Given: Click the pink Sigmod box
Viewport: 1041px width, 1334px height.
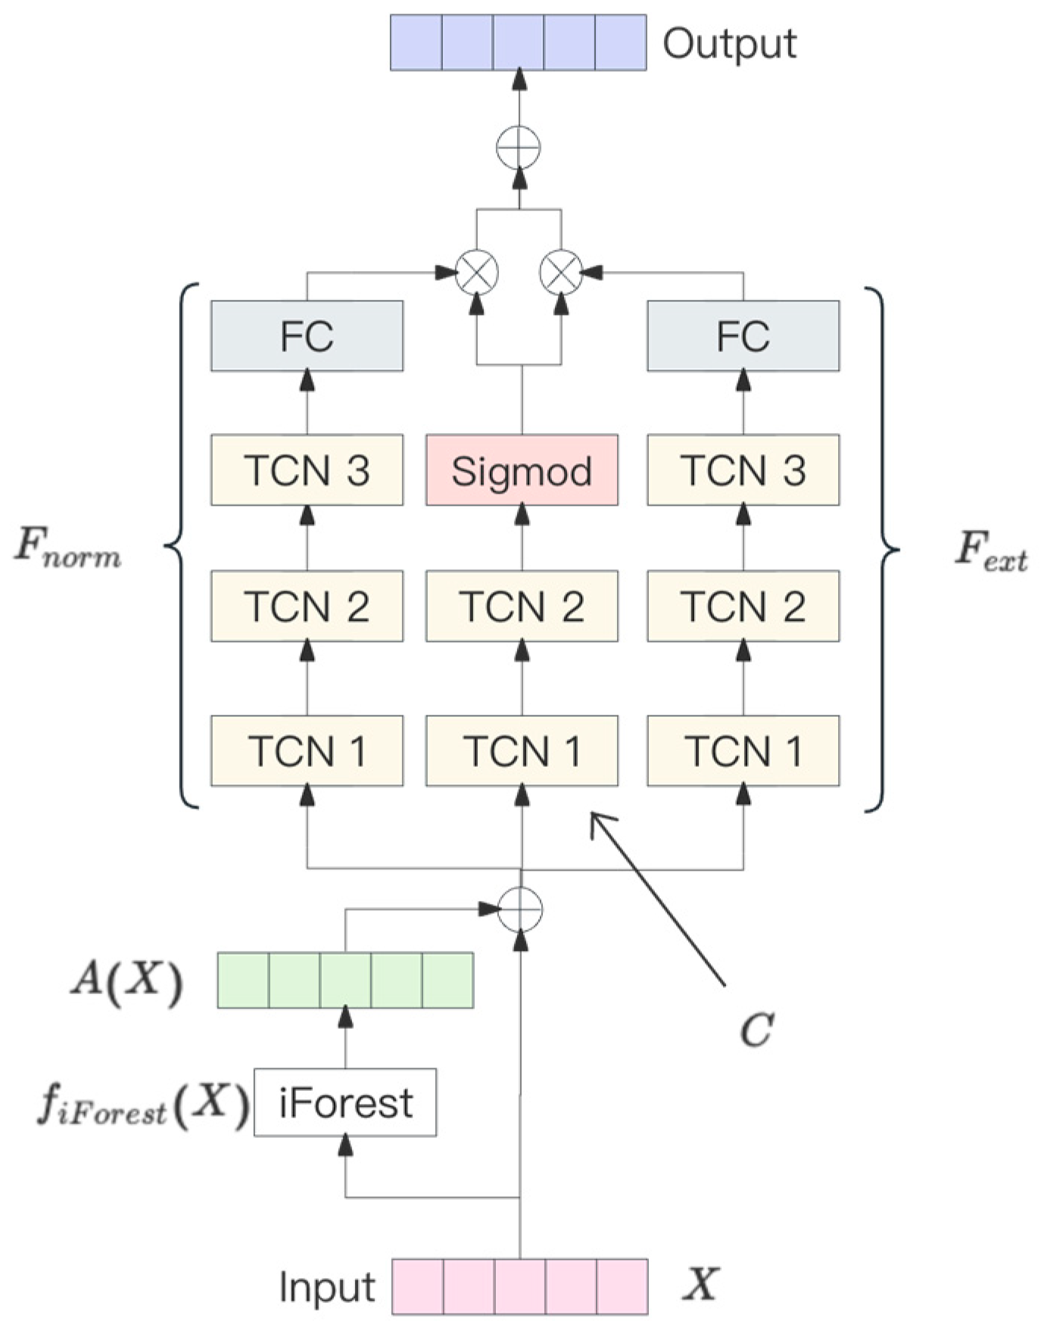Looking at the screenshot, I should click(522, 470).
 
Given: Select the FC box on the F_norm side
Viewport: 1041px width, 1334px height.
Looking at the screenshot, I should click(307, 336).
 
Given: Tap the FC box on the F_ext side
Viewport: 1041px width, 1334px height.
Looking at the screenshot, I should click(743, 336).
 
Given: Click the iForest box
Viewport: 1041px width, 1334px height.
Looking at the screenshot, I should click(345, 1102).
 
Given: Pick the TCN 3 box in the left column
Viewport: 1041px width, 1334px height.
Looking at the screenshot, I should click(307, 470).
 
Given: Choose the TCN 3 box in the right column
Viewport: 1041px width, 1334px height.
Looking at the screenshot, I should click(743, 470).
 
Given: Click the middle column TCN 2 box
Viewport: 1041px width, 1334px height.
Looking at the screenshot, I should click(522, 606).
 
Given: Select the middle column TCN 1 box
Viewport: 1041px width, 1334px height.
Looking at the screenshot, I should click(522, 751).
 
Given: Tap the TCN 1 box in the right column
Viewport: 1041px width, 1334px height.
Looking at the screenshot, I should click(743, 751).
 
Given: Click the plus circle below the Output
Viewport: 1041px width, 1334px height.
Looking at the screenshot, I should click(519, 147).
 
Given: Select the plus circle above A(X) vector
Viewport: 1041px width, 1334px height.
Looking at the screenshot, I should click(520, 909).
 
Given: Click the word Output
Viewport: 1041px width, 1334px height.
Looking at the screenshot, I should click(729, 44).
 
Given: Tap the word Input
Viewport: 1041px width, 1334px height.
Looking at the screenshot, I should click(327, 1287).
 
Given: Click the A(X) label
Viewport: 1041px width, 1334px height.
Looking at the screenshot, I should click(126, 981).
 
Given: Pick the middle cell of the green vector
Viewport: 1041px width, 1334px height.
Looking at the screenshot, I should click(345, 980).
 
